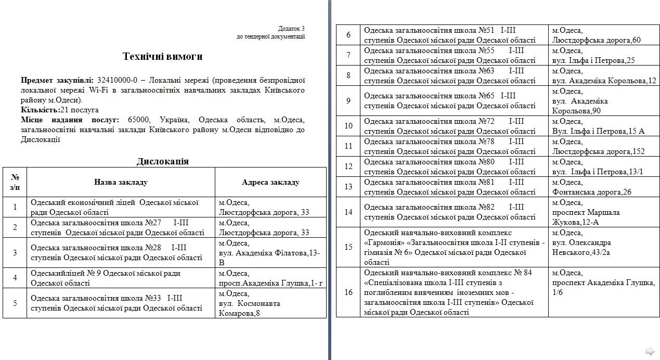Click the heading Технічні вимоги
pyautogui.click(x=162, y=56)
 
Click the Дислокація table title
pyautogui.click(x=162, y=161)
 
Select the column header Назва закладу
pyautogui.click(x=121, y=182)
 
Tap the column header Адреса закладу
pyautogui.click(x=270, y=182)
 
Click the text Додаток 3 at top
pyautogui.click(x=291, y=29)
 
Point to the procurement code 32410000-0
pyautogui.click(x=117, y=80)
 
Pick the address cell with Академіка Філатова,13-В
pyautogui.click(x=270, y=253)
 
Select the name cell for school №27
pyautogui.click(x=121, y=227)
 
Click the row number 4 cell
pyautogui.click(x=15, y=278)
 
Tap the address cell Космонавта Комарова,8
pyautogui.click(x=270, y=303)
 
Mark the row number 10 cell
pyautogui.click(x=348, y=126)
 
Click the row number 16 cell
pyautogui.click(x=348, y=292)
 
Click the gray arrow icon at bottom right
pyautogui.click(x=650, y=350)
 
